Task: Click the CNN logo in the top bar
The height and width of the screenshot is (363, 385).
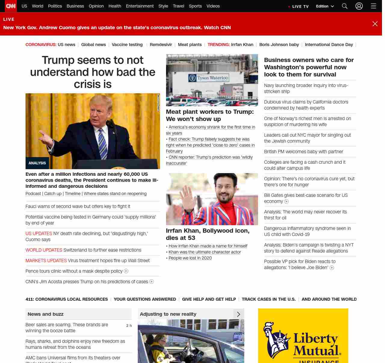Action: (11, 6)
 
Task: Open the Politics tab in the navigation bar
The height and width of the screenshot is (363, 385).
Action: (55, 6)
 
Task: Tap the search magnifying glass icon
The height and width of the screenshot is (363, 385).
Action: (345, 6)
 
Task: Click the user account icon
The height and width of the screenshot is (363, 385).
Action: (359, 6)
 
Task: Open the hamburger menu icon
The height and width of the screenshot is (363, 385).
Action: (373, 6)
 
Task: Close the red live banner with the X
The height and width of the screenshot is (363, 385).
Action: (375, 24)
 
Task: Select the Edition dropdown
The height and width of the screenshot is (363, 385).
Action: (325, 6)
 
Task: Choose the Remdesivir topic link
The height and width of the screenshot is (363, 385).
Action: (161, 45)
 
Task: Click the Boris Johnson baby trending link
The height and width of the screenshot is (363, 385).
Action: (279, 45)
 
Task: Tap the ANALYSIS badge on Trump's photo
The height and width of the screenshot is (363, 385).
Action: (37, 163)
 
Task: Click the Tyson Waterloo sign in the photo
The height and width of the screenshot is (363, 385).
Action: (209, 78)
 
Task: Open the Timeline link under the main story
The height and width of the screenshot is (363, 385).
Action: (72, 194)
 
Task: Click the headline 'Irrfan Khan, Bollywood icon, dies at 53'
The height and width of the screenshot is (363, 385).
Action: (208, 234)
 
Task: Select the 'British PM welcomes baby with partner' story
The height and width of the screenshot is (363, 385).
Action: (303, 152)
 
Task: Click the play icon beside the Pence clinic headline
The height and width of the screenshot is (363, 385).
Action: (126, 271)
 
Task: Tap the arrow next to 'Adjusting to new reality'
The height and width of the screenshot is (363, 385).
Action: (239, 314)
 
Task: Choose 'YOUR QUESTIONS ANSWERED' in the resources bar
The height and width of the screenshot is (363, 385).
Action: (145, 299)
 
